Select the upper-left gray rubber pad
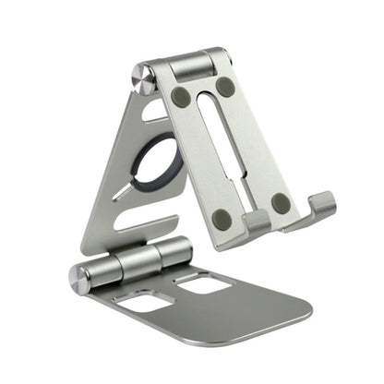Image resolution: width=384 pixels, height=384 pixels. pos(181,96)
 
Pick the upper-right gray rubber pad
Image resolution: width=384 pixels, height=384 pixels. pos(224,87)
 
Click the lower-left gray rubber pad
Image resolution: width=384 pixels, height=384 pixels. pos(222,219)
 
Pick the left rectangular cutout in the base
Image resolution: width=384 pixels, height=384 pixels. pos(144,301)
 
